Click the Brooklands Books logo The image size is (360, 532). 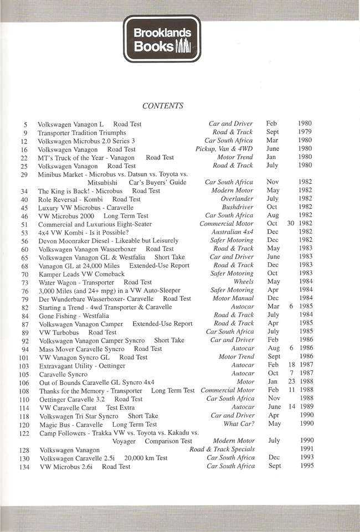tap(162, 39)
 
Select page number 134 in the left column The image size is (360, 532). tap(23, 467)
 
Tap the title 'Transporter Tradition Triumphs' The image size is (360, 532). tap(82, 133)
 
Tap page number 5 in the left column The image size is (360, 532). tap(25, 124)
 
